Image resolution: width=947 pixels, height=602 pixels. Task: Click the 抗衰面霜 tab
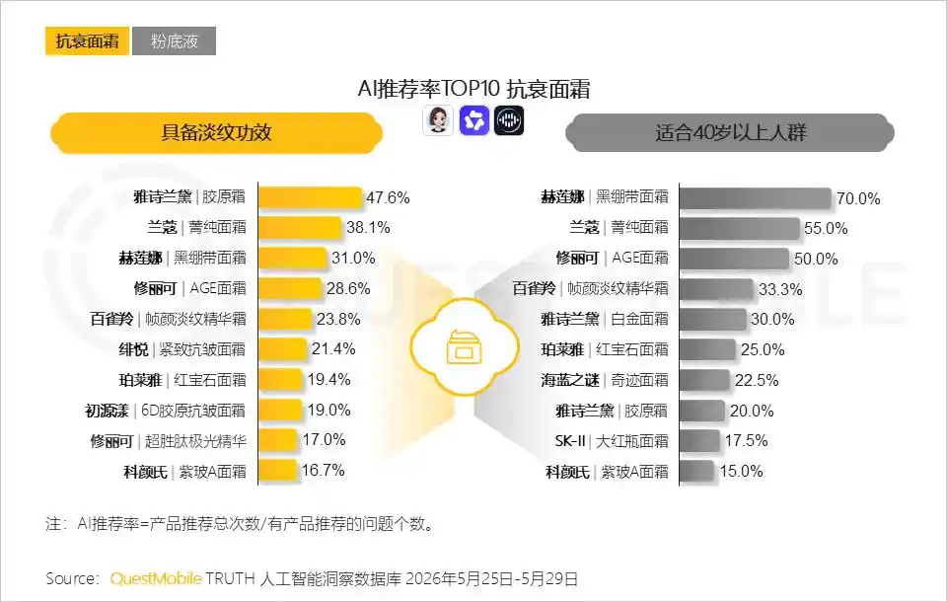tap(87, 41)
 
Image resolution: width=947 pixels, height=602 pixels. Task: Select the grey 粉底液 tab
tap(174, 41)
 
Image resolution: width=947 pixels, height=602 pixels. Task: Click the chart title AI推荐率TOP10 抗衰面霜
tap(473, 89)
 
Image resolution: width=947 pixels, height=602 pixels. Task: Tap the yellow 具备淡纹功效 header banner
tap(216, 133)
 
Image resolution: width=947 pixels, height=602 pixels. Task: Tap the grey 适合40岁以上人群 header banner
tap(730, 133)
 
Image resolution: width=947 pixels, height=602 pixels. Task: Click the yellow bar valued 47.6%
tap(310, 197)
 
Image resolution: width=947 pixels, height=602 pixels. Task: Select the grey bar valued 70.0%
tap(756, 198)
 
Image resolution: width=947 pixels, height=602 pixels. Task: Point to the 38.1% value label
tap(368, 228)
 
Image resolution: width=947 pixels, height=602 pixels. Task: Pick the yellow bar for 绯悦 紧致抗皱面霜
tap(283, 349)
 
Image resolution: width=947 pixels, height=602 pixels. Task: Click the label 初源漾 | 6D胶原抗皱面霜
tap(166, 411)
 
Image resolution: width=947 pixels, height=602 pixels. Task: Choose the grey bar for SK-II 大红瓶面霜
tap(700, 440)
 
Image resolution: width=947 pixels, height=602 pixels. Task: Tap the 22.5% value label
tap(757, 380)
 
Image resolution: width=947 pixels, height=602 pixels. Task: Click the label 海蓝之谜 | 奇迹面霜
tap(605, 380)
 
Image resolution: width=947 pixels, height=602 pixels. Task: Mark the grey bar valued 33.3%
tap(716, 289)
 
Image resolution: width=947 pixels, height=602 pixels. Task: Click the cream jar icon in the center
tap(464, 347)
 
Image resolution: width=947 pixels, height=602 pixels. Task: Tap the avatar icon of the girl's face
tap(437, 120)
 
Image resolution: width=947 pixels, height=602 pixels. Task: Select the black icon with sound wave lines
tap(509, 120)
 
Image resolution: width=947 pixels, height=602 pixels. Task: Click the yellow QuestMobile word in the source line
tap(155, 578)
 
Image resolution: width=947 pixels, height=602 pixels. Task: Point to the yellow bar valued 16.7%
tap(277, 471)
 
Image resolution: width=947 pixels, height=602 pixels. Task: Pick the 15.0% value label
tap(741, 472)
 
